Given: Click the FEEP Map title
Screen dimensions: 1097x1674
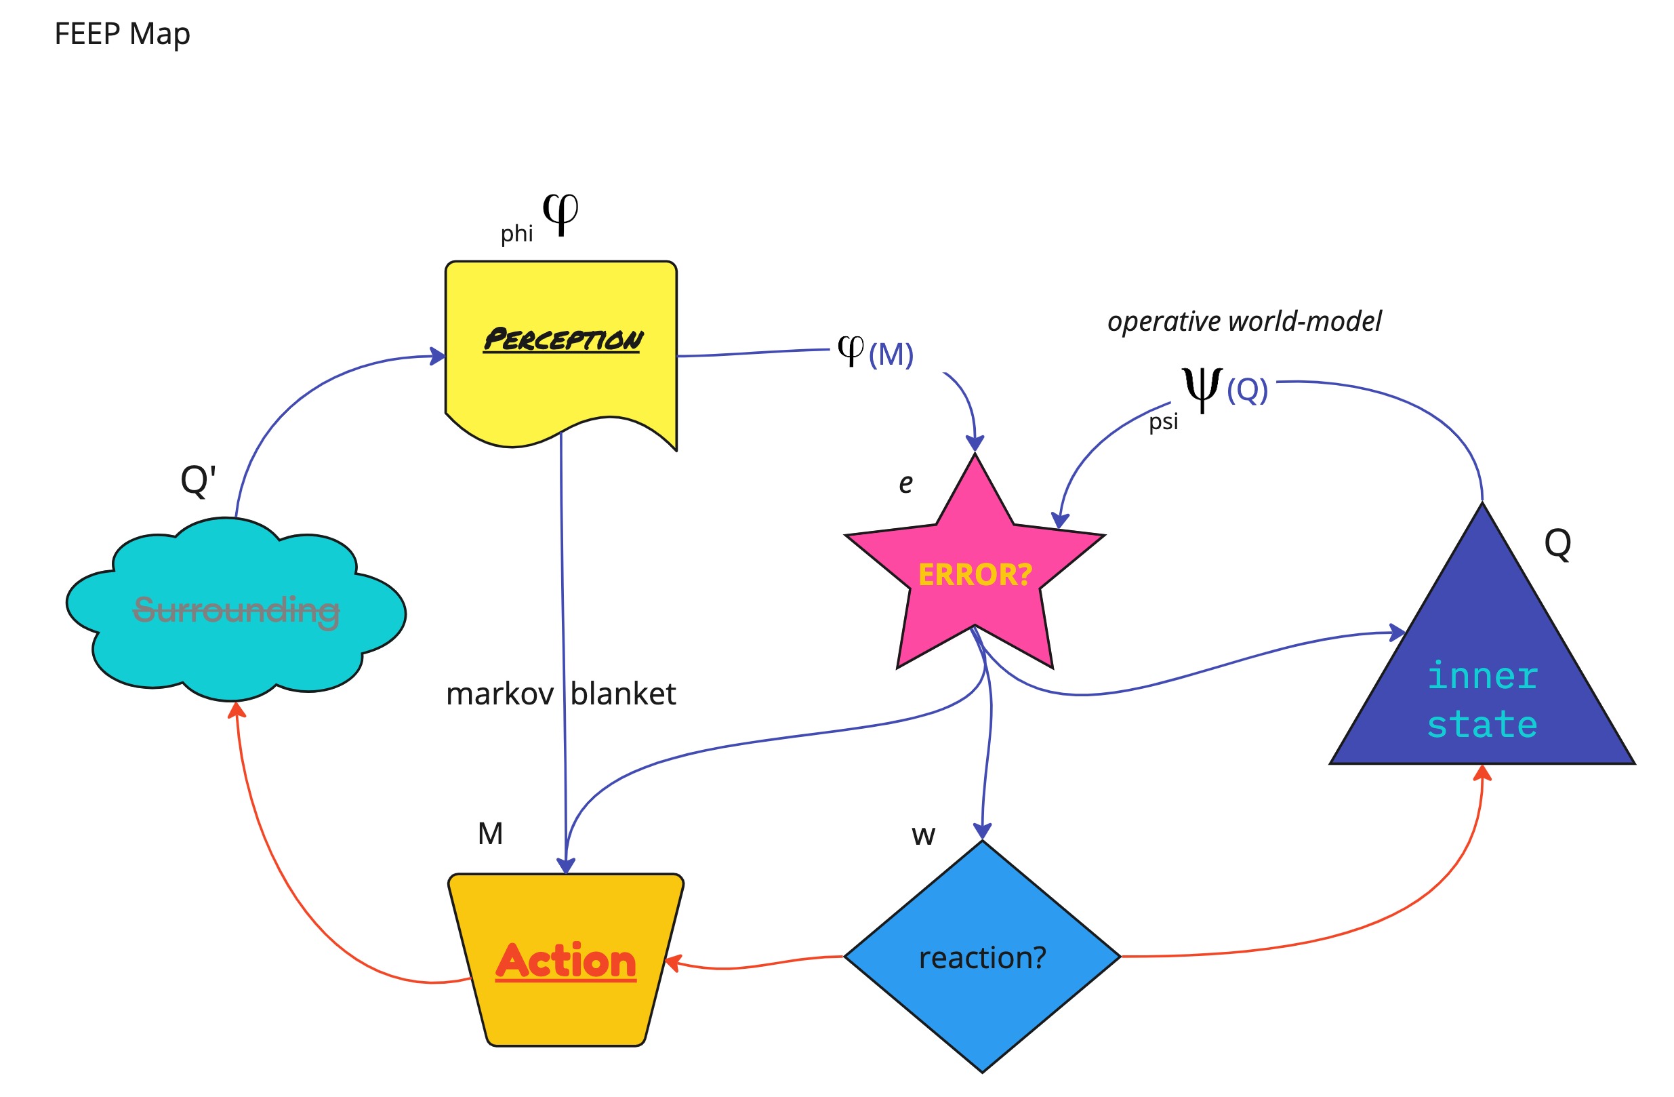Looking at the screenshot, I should click(x=122, y=34).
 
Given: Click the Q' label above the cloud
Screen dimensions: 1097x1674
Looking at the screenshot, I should click(x=198, y=481).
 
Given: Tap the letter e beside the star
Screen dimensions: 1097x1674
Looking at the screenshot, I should click(x=906, y=483).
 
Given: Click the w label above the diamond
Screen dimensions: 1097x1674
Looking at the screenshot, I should click(x=923, y=835).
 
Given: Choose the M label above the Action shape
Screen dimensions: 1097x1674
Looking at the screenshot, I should click(x=490, y=834).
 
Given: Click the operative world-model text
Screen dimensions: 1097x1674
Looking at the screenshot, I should click(x=1244, y=321).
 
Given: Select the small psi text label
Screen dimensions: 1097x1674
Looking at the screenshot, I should click(x=1164, y=422).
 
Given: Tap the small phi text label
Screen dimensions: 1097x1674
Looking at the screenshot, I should click(x=516, y=233).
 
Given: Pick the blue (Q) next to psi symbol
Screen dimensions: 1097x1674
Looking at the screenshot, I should click(x=1247, y=389).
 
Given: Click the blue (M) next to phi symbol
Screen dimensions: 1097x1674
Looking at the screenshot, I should click(x=891, y=354).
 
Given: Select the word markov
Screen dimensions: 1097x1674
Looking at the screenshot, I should click(x=499, y=694).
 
